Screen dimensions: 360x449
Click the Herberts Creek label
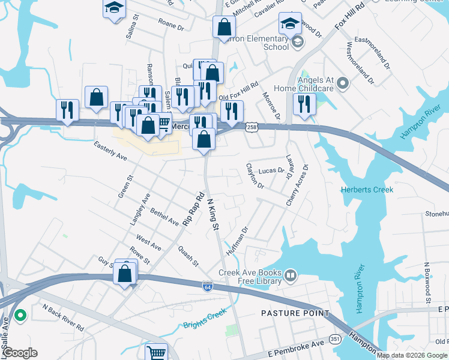click(367, 190)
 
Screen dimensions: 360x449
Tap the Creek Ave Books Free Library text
click(250, 277)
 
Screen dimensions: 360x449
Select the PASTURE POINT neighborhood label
click(295, 313)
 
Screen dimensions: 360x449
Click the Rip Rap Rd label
click(194, 208)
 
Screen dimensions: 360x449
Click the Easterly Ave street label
click(110, 151)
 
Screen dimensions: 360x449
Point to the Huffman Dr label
click(237, 241)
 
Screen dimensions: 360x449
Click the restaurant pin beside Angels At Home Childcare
click(305, 103)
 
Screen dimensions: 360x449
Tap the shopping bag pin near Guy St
click(125, 273)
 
